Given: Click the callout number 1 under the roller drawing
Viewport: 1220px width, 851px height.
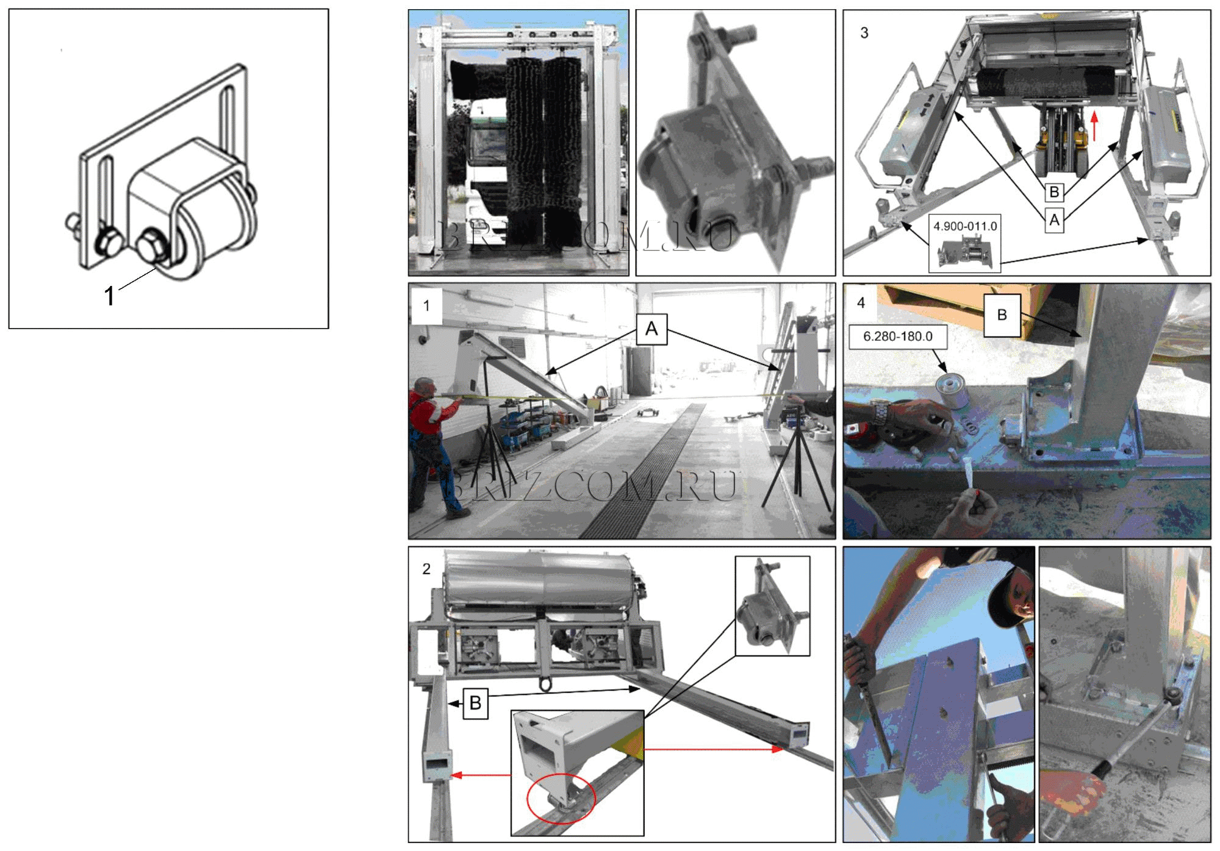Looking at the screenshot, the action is click(x=109, y=296).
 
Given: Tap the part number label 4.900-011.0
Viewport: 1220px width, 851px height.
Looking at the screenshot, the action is click(x=965, y=226).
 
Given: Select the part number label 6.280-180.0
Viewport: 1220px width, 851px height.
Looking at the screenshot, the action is click(x=897, y=336).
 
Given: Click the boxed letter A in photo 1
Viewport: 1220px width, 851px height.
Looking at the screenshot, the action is click(x=651, y=329).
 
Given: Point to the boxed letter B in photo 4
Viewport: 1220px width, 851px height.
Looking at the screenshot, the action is click(x=1002, y=315).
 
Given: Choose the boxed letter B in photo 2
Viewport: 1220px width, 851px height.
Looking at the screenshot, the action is click(x=475, y=703).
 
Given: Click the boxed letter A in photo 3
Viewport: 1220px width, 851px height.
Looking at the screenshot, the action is click(x=1054, y=219).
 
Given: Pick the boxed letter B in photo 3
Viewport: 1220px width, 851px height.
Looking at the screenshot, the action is click(x=1054, y=192).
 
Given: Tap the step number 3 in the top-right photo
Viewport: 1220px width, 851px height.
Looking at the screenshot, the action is click(x=864, y=33).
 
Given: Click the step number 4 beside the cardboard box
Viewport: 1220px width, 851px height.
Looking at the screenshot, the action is click(x=861, y=303).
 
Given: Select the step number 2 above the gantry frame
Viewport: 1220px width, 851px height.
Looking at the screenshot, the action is click(x=426, y=569).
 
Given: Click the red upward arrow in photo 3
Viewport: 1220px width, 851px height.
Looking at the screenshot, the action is click(x=1094, y=125).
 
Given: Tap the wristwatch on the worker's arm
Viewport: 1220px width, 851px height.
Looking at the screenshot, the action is click(x=879, y=412).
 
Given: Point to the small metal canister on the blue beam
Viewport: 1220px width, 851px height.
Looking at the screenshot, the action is click(x=951, y=391).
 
